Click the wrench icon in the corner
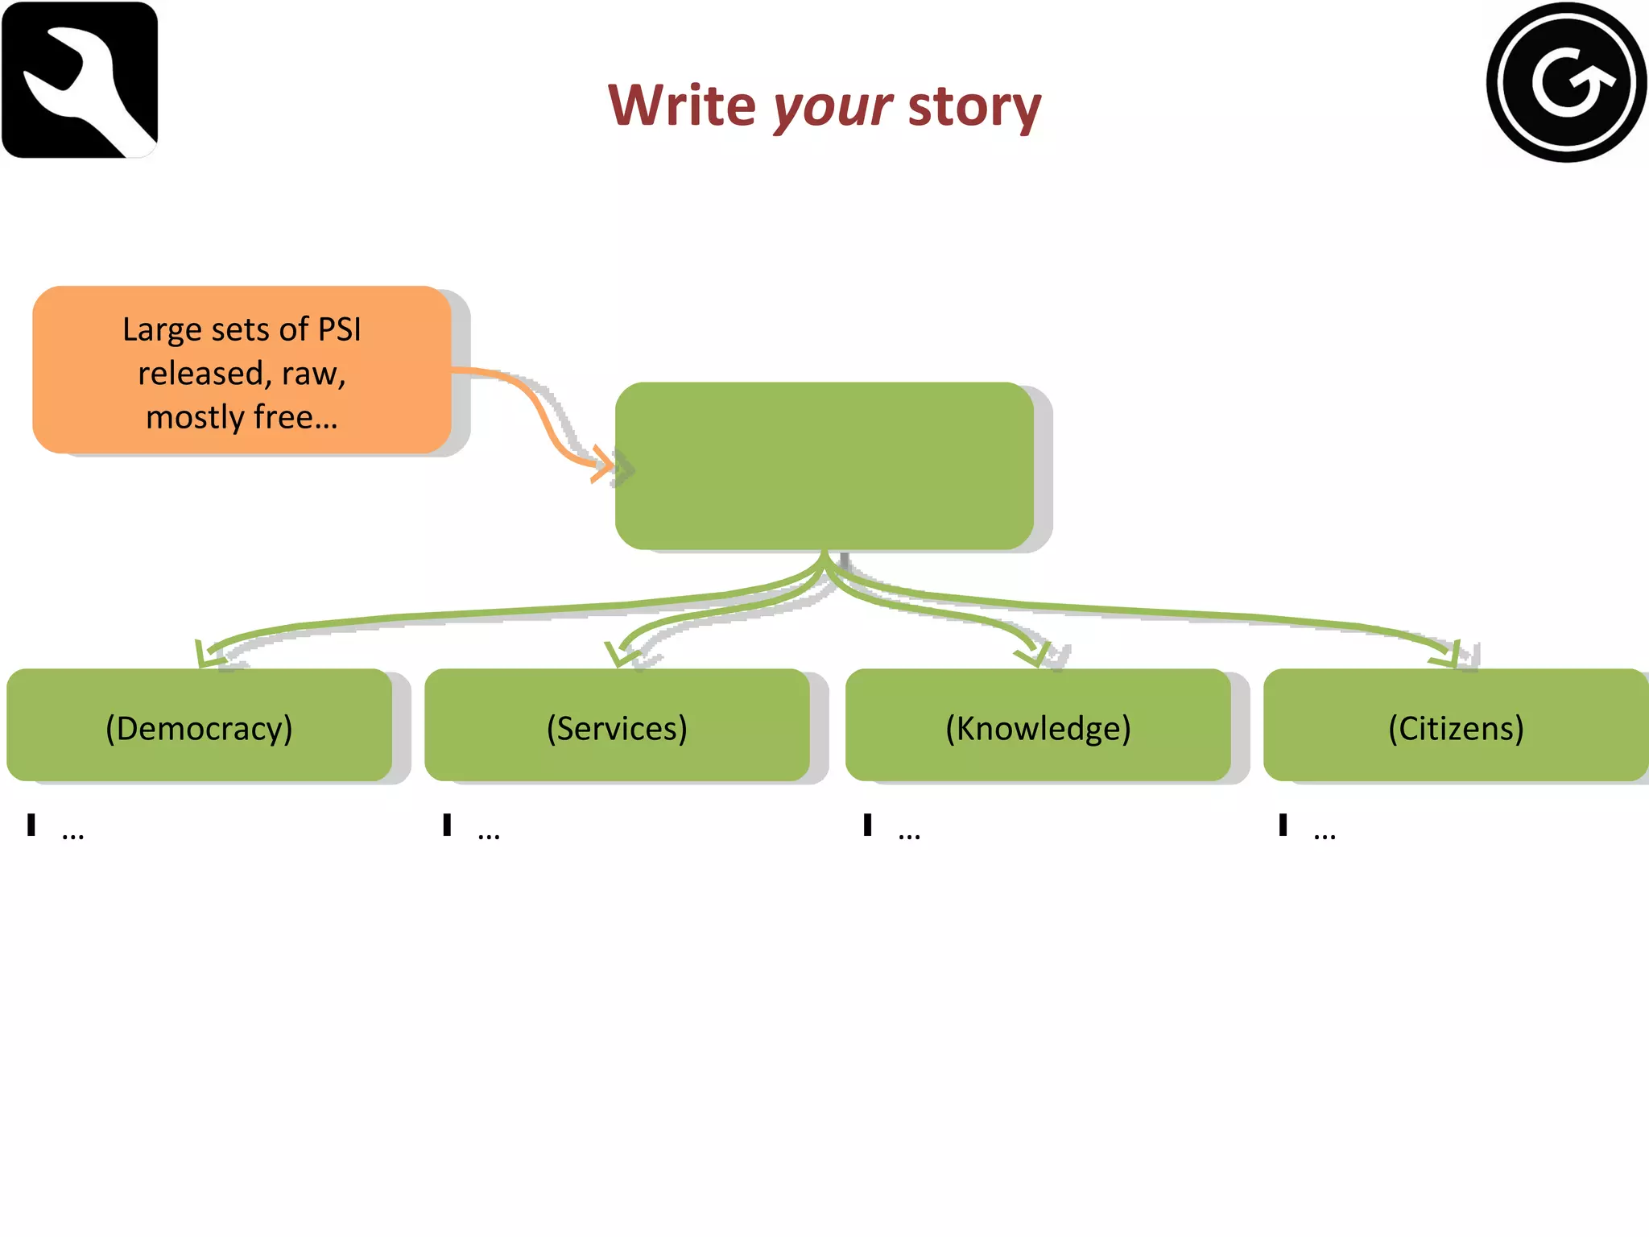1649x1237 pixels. (x=80, y=80)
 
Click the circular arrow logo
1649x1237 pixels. (x=1566, y=81)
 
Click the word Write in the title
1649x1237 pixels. (x=682, y=105)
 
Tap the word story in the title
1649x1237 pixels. (x=974, y=107)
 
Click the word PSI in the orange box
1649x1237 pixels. (x=339, y=329)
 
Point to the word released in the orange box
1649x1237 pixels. (x=200, y=374)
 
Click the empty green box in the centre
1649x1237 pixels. (x=824, y=465)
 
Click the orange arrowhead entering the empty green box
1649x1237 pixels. (x=602, y=464)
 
